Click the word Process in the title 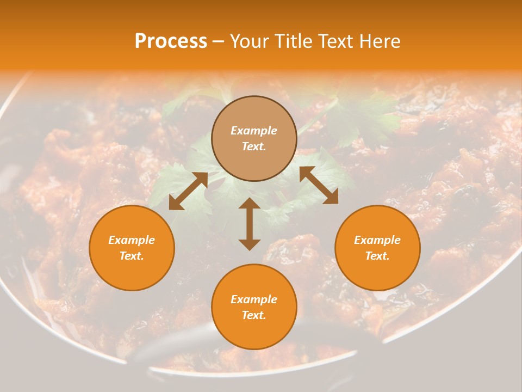(x=171, y=41)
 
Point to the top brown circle (x=254, y=139)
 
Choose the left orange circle (x=132, y=248)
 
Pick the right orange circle (x=377, y=248)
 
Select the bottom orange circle (x=254, y=307)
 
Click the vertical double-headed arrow (x=250, y=224)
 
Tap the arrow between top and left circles (x=188, y=191)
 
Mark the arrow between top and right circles (x=319, y=186)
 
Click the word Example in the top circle (x=254, y=131)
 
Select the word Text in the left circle (x=132, y=256)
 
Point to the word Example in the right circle (x=377, y=240)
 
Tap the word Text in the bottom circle (x=254, y=315)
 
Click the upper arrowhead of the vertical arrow (x=250, y=204)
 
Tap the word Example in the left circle (x=132, y=240)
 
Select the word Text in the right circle (x=377, y=256)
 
